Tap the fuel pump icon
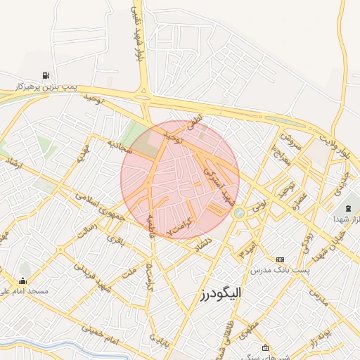[46, 75]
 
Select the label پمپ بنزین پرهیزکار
[45, 87]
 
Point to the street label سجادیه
[120, 145]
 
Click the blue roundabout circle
[240, 212]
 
